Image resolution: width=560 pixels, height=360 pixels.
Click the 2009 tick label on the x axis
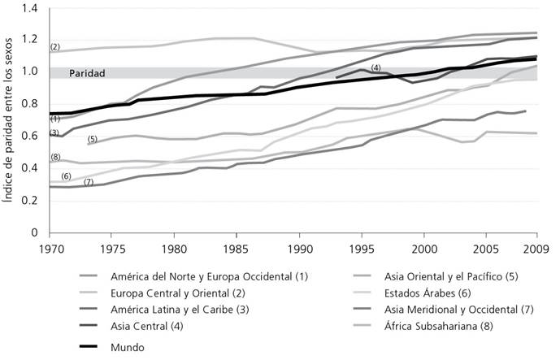[536, 246]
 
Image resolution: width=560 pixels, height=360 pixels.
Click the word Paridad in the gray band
[86, 73]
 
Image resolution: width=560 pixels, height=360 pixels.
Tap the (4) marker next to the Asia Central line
[376, 67]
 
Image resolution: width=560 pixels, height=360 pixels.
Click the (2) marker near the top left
[55, 46]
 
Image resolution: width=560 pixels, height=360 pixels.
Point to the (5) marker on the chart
[92, 139]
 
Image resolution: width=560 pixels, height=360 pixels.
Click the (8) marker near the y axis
[55, 157]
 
